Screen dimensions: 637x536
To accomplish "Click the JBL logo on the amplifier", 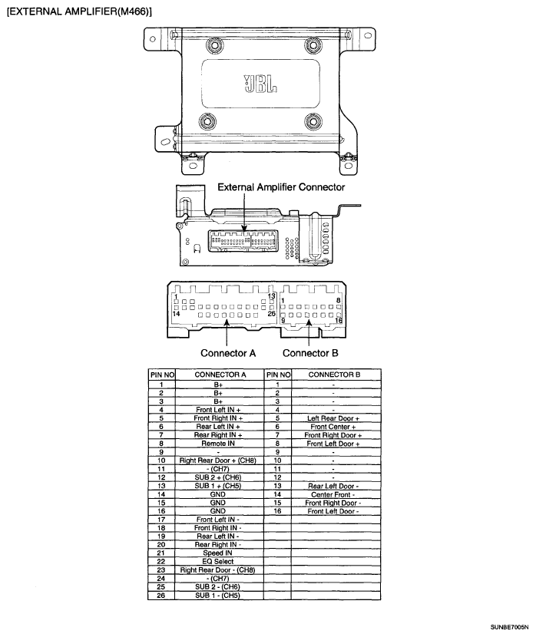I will click(260, 83).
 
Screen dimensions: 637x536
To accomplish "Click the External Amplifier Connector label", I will click(281, 186).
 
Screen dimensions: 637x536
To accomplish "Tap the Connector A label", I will click(227, 353).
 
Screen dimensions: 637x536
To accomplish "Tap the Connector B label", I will click(310, 353).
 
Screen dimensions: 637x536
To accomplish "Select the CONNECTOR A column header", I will click(220, 375).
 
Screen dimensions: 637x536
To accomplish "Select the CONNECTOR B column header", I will click(334, 375).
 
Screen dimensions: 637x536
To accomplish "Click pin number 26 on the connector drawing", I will click(271, 313).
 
